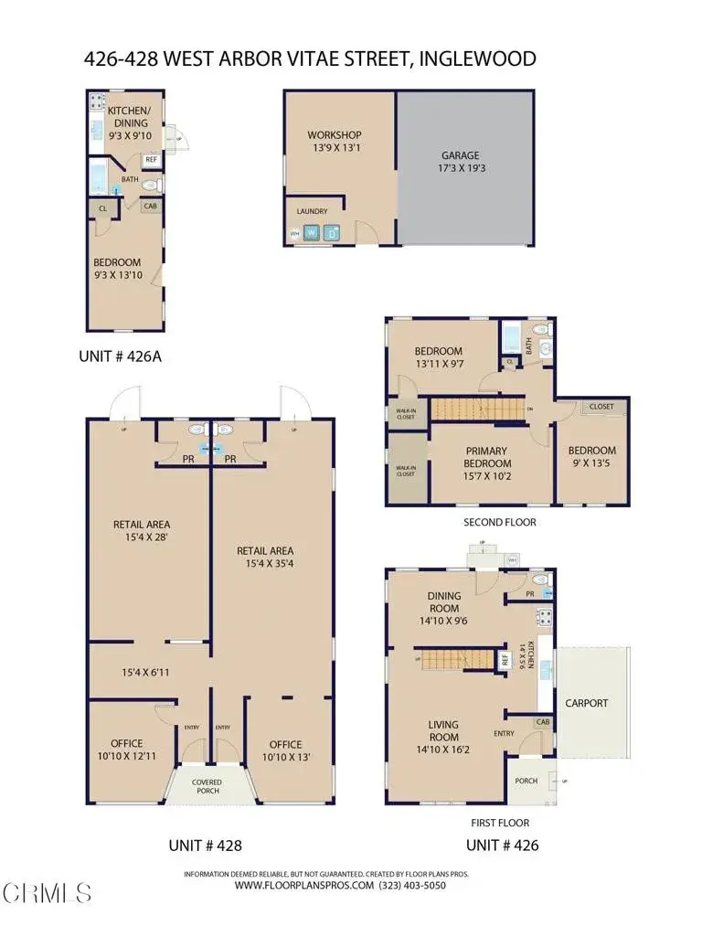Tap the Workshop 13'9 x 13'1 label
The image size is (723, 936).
(x=335, y=143)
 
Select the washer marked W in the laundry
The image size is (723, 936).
(x=311, y=233)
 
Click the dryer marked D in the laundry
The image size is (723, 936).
(x=331, y=233)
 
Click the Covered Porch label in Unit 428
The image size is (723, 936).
(x=207, y=787)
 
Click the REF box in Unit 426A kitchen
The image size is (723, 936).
(x=151, y=159)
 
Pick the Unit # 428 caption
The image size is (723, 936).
(x=206, y=846)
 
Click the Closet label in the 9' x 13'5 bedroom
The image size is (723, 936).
(x=601, y=407)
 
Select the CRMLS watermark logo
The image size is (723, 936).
(x=46, y=889)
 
